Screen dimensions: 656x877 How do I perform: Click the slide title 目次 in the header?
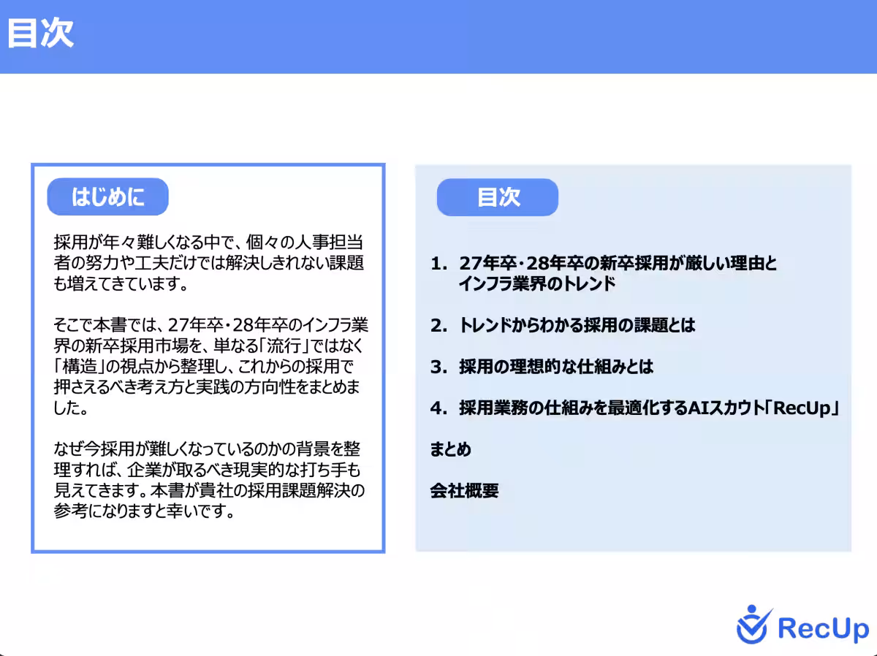(x=41, y=34)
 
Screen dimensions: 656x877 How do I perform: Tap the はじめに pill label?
(x=107, y=197)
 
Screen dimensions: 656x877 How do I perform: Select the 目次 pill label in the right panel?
(x=498, y=197)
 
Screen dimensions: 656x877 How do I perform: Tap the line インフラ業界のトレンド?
(x=537, y=284)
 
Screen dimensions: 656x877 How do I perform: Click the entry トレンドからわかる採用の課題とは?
(x=577, y=326)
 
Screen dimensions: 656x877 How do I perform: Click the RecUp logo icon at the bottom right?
(x=753, y=625)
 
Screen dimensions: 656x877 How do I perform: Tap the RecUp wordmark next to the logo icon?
(x=823, y=628)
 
